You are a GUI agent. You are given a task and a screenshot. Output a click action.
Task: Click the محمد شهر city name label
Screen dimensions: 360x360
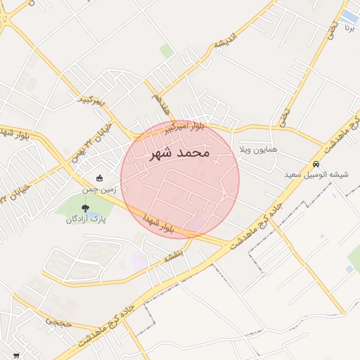180,153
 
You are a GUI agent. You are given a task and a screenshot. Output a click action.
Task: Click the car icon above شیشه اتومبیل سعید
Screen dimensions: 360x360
316,164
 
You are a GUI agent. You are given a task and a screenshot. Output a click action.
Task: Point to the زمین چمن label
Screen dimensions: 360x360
98,190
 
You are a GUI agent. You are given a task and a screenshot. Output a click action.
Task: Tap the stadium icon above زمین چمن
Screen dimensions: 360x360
99,179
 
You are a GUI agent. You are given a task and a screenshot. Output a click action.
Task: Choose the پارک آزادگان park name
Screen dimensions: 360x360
86,219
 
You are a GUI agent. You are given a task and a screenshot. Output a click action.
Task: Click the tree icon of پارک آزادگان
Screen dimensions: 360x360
86,208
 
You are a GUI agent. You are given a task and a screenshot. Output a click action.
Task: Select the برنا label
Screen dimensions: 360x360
349,29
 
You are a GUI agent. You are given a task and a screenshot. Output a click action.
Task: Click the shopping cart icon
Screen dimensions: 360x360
16,356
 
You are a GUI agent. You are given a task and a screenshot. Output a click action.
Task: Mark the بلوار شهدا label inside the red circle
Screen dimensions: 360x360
156,224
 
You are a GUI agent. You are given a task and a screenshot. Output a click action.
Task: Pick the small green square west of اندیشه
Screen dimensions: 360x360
167,51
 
